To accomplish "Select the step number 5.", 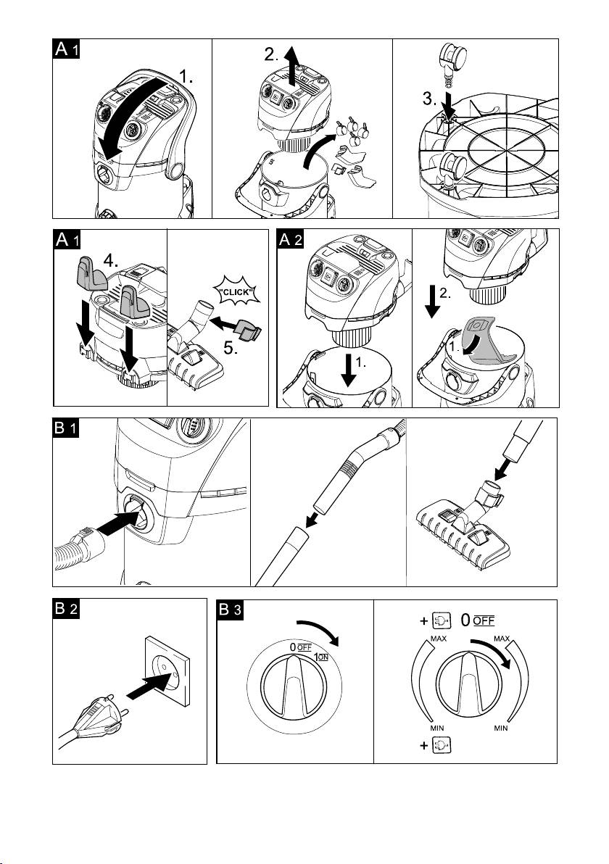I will point(231,348).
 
